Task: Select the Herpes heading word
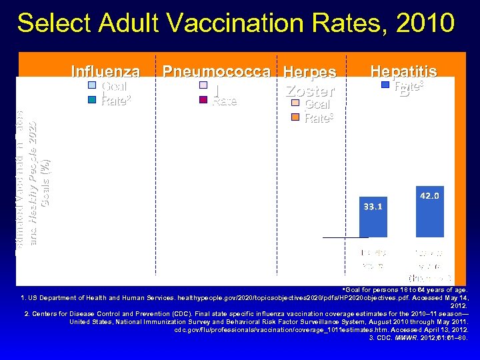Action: click(309, 71)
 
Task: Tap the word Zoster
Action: click(309, 91)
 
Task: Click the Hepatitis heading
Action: click(403, 71)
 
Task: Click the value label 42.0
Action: click(430, 196)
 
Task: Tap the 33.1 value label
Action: click(373, 207)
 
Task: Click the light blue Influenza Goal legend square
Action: click(93, 86)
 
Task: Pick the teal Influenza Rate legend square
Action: click(93, 101)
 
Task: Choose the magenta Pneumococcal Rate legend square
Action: click(203, 101)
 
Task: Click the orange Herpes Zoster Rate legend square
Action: click(295, 118)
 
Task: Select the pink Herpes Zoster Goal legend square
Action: click(295, 105)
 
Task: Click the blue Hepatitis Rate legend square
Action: click(385, 85)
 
